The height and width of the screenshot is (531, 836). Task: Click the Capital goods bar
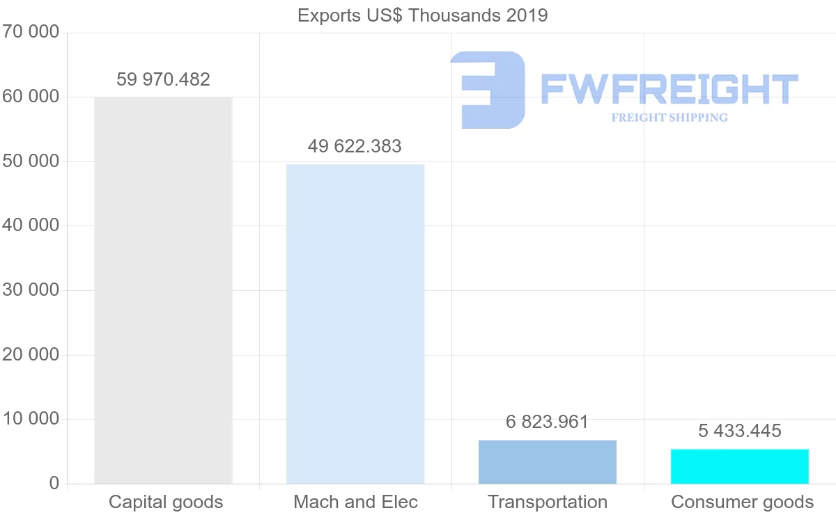163,290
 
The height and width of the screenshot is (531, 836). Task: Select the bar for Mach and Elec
355,324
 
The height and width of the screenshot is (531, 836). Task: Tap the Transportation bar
548,461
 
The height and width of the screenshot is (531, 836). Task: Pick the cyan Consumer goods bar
740,466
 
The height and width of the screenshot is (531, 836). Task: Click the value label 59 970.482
163,79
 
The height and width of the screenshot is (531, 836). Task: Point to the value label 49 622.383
355,146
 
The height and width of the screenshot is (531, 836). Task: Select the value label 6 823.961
548,422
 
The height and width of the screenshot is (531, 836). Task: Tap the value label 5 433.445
740,431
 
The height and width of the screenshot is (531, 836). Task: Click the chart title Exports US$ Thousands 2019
422,15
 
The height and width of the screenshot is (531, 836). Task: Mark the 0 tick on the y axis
54,484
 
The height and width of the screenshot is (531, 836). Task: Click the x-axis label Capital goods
166,502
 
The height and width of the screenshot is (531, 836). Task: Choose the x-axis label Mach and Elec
355,502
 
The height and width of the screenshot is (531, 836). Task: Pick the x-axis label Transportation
548,502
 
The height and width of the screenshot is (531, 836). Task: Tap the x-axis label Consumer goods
742,502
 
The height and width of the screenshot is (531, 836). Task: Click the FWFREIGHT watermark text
669,89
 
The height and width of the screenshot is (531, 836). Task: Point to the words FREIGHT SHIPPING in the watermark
669,118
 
